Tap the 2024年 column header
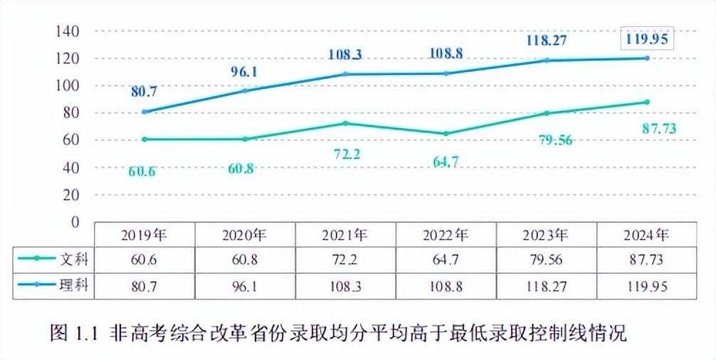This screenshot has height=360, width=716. click(x=646, y=234)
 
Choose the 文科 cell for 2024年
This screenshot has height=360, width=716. click(x=646, y=260)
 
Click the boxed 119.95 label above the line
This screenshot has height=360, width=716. click(x=646, y=38)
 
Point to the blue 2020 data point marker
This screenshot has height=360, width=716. click(x=244, y=91)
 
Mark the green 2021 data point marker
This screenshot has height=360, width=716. click(x=344, y=123)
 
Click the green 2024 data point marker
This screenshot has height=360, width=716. click(x=646, y=102)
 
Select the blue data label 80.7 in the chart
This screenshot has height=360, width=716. click(x=144, y=91)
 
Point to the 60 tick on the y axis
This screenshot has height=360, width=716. click(x=70, y=139)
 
